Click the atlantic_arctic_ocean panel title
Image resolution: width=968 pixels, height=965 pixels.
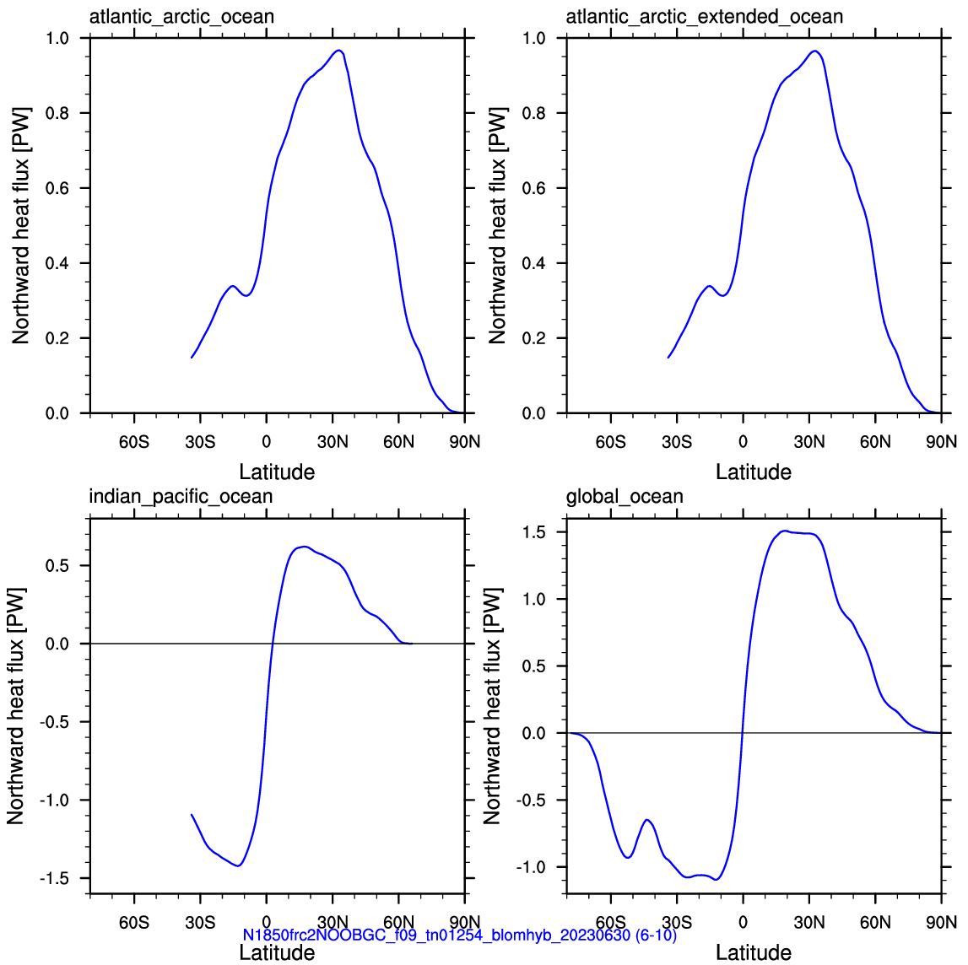click(x=181, y=16)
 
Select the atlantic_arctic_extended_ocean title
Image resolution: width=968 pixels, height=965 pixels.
click(x=705, y=16)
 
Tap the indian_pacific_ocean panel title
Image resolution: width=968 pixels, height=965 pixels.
click(x=181, y=497)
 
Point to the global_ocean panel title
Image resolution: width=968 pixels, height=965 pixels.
click(x=625, y=497)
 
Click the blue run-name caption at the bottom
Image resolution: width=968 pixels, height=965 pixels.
click(x=459, y=935)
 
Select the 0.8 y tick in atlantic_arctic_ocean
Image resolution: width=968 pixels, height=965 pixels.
click(x=57, y=113)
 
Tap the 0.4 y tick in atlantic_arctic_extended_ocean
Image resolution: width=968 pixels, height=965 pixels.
click(x=534, y=263)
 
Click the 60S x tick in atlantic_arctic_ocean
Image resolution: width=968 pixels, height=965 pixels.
click(x=134, y=442)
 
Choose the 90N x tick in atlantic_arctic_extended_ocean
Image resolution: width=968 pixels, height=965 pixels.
click(x=942, y=442)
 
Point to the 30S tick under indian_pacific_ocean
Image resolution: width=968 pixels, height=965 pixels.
click(x=200, y=923)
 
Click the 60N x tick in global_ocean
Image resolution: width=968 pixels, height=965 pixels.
click(x=875, y=923)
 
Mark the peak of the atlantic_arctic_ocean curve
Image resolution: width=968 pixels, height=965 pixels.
click(x=338, y=51)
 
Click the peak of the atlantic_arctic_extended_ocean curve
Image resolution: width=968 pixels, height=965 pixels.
click(x=815, y=51)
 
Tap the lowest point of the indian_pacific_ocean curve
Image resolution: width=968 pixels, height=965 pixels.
click(x=238, y=865)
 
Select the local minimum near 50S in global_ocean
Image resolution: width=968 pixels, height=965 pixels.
click(x=627, y=857)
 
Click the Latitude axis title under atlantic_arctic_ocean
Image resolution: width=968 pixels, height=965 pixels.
click(x=277, y=472)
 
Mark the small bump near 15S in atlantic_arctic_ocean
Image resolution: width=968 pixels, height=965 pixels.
click(x=232, y=286)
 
